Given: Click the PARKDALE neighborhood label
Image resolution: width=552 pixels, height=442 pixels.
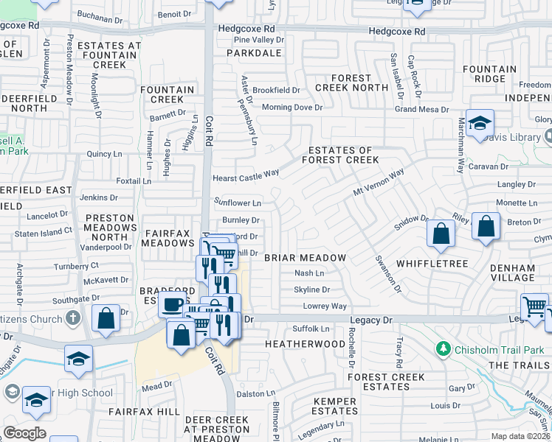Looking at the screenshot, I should (254, 53).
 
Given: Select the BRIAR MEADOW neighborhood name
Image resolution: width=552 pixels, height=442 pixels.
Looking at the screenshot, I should (305, 258).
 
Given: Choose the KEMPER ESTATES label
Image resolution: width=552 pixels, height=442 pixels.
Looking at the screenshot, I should (335, 406).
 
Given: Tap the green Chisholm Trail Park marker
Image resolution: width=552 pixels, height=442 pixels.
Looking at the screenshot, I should (443, 348).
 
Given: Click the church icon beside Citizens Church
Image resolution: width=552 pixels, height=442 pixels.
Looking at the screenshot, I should (72, 318).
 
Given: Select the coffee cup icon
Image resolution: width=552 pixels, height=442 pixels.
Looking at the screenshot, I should (173, 304).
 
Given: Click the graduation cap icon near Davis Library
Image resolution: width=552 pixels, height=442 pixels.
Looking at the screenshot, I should (480, 124).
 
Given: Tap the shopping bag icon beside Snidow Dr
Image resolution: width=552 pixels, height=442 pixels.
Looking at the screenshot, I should (441, 234).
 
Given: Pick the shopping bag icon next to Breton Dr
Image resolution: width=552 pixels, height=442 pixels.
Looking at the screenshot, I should (486, 226).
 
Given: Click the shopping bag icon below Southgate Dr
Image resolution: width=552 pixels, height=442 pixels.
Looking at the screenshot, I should (106, 318).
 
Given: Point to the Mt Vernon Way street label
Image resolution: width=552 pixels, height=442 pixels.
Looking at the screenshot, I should (379, 182).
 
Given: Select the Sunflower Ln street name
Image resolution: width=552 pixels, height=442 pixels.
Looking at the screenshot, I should (238, 202).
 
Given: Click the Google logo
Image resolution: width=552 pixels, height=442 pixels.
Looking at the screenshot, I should (25, 433).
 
